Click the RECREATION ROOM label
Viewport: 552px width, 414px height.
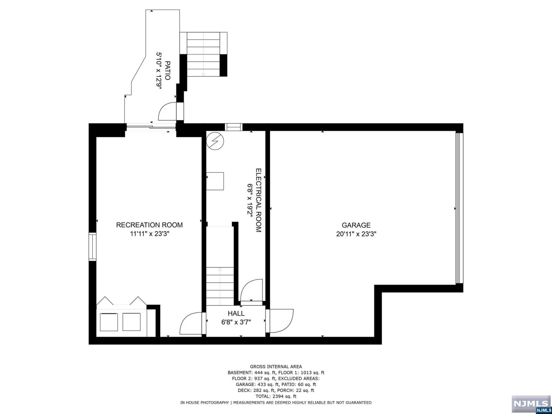149,225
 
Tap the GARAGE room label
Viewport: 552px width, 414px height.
356,225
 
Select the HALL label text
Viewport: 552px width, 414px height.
236,313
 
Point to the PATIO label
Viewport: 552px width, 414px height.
167,71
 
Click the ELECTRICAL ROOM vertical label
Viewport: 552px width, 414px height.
258,200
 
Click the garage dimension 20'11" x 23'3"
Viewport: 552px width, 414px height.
356,234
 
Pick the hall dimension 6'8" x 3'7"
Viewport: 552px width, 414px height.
236,322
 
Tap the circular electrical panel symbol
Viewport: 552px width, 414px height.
215,141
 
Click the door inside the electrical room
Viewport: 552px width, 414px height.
251,290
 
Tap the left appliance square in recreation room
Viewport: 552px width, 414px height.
109,322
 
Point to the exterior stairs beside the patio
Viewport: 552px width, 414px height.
203,54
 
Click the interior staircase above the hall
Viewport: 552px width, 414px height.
220,286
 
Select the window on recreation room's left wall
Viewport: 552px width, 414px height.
92,247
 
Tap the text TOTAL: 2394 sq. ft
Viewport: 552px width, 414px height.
276,396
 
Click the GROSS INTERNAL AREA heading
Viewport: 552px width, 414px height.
276,367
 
